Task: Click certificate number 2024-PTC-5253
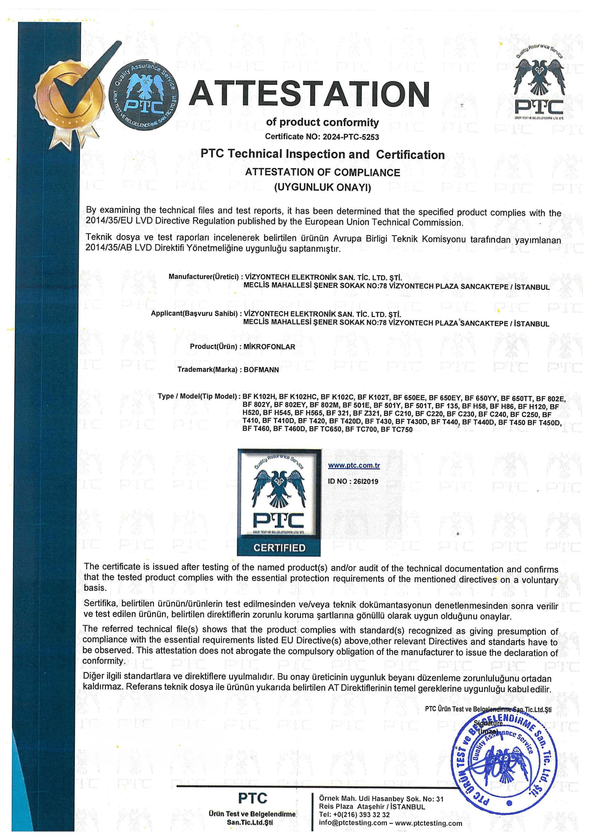[350, 137]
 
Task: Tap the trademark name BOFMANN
[261, 370]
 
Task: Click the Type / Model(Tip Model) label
[198, 396]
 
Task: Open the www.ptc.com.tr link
[353, 466]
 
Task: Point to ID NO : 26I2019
[353, 482]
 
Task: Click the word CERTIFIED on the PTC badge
[279, 548]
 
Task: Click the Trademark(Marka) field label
[207, 370]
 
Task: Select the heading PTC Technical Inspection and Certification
[322, 154]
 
